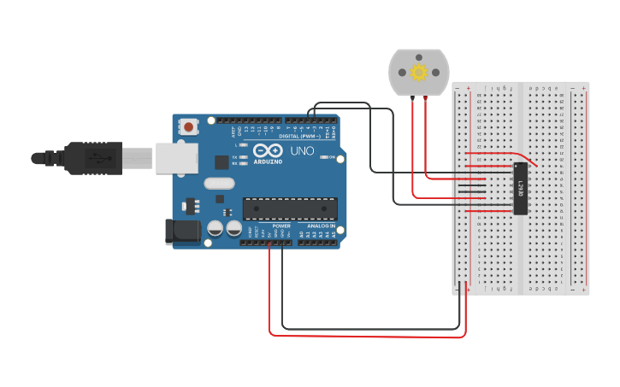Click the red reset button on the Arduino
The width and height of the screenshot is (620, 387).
pos(188,126)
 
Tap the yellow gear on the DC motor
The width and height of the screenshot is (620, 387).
pos(418,73)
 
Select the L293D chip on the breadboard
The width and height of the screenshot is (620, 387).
pos(521,188)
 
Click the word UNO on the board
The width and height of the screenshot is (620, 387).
pos(302,151)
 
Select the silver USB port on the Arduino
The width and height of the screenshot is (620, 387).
pos(176,157)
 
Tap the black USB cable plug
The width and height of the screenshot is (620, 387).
pos(94,157)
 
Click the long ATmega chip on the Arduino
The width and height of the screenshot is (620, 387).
pos(290,208)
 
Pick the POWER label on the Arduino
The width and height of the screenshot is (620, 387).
pos(281,226)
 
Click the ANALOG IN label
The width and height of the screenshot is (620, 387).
pos(322,226)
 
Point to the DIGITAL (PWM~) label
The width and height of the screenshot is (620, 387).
pos(298,136)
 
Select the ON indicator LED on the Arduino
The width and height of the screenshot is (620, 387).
pos(326,156)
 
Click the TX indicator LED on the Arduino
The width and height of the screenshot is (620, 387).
pos(244,157)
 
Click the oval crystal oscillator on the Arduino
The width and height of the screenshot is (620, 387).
pos(219,182)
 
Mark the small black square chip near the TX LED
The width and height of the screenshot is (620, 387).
pos(221,161)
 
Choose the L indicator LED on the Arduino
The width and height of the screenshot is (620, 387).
pos(244,145)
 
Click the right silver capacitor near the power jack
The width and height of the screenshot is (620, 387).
pos(233,228)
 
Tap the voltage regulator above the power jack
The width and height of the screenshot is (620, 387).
pos(191,206)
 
